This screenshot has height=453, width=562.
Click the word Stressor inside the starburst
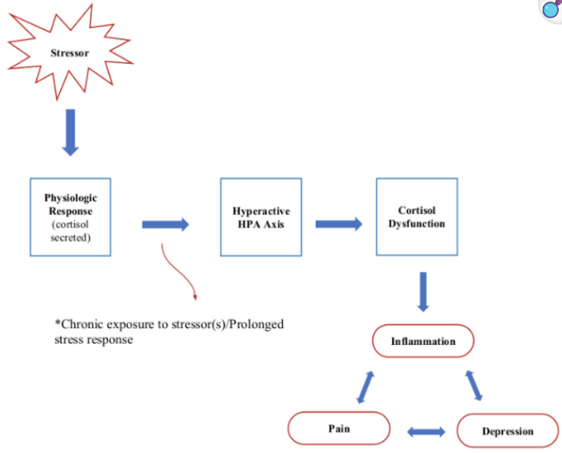(x=69, y=53)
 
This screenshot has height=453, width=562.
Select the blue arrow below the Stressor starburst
(x=70, y=133)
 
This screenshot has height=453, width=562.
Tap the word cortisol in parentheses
(x=70, y=225)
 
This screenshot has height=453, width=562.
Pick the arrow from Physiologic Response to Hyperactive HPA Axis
(x=165, y=225)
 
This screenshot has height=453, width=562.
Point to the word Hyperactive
(x=261, y=211)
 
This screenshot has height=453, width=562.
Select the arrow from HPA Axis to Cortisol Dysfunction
(x=339, y=224)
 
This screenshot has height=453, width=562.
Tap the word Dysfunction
(x=417, y=224)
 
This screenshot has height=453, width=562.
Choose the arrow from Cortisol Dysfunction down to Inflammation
(x=423, y=292)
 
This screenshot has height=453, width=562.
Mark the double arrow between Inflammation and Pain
(x=366, y=387)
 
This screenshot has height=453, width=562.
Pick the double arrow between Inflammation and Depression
(x=473, y=385)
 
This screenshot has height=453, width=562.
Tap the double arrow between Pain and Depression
(x=426, y=431)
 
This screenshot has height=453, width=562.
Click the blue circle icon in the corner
(x=550, y=10)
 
